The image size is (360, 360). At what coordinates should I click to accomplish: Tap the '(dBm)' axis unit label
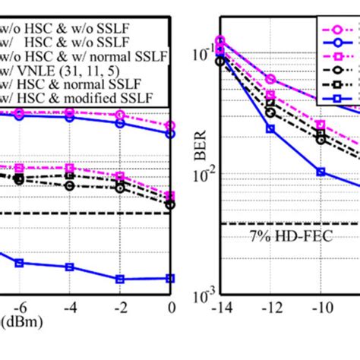pos(21,323)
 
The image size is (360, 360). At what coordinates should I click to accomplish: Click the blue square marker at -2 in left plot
pos(119,279)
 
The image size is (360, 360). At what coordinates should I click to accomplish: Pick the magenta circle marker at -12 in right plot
pos(270,79)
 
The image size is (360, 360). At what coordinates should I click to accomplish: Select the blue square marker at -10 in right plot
pos(321,172)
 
